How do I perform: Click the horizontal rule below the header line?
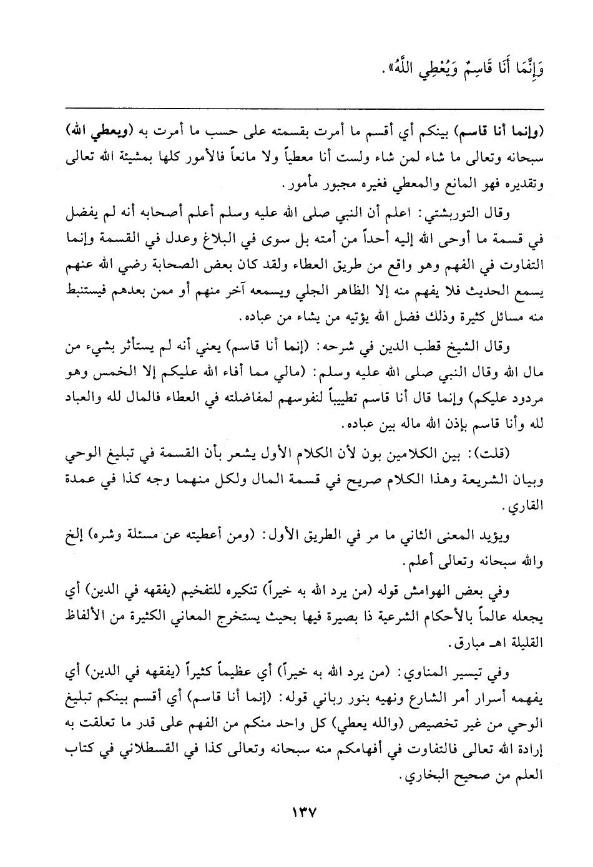click(x=296, y=108)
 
